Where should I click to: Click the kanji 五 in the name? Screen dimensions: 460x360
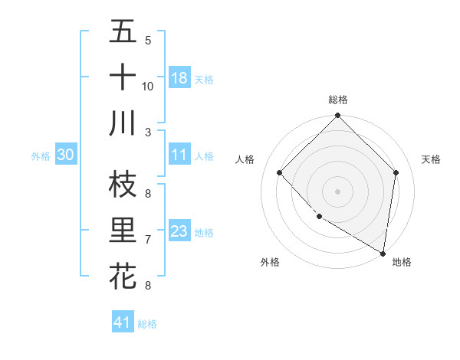coord(123,32)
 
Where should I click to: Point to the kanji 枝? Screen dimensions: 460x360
coord(123,185)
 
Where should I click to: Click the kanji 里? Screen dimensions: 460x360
coord(123,231)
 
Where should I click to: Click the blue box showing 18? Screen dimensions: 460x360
coord(179,78)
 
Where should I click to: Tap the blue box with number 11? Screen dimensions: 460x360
coord(179,155)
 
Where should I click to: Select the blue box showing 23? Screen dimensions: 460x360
coord(179,231)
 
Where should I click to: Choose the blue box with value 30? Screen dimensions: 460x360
coord(66,155)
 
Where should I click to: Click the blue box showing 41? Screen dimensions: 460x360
coord(123,322)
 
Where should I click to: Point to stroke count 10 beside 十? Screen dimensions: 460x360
coord(148,86)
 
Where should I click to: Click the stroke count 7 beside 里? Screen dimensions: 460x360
coord(148,240)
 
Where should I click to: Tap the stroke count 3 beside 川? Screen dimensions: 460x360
coord(148,132)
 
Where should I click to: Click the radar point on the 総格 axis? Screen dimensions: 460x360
coord(337,116)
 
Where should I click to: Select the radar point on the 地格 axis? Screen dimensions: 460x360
coord(383,253)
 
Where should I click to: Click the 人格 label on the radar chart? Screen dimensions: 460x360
coord(246,159)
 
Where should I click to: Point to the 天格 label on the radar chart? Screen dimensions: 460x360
coord(431,159)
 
